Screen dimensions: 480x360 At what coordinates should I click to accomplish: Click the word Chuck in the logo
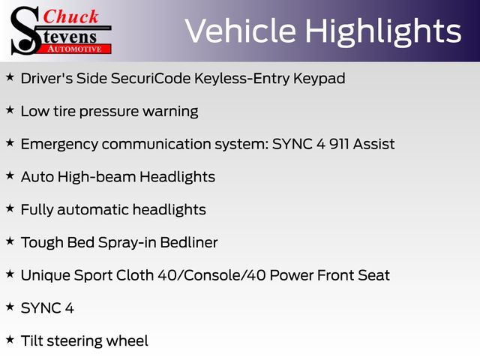(70, 16)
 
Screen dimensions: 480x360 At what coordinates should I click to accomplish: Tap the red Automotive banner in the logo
(74, 49)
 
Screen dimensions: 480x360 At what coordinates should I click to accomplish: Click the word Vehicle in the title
(240, 31)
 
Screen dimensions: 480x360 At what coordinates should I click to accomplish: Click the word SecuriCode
(151, 78)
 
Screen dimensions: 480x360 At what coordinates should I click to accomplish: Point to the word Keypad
(319, 79)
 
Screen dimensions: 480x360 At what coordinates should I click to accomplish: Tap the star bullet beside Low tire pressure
(10, 109)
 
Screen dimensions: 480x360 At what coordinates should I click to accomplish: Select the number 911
(339, 144)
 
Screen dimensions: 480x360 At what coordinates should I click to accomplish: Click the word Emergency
(59, 145)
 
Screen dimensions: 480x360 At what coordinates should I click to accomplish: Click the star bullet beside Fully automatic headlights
(10, 208)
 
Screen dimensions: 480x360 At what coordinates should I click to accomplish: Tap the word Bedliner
(189, 242)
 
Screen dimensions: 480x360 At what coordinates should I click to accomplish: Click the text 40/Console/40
(211, 275)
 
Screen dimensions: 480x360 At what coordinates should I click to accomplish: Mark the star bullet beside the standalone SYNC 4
(10, 307)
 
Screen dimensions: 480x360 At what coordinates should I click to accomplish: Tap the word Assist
(373, 144)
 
